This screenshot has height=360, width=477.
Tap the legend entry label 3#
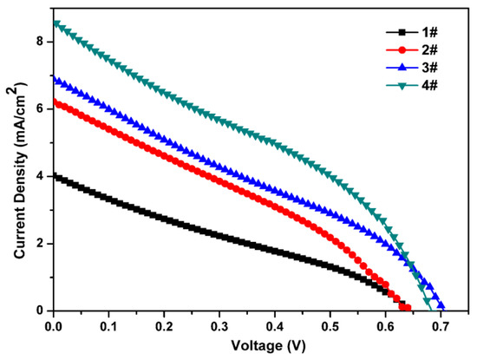click(431, 64)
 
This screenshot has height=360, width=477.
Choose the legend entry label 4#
click(431, 79)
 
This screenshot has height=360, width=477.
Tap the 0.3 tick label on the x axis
click(219, 325)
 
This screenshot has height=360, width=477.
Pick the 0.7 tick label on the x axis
click(441, 325)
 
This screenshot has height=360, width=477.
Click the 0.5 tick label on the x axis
click(330, 325)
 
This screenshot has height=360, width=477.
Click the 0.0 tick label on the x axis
click(54, 325)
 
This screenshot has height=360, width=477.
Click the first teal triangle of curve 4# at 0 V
click(55, 23)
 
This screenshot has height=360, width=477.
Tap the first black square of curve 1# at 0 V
click(55, 176)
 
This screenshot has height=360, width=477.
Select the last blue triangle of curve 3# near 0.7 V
click(441, 305)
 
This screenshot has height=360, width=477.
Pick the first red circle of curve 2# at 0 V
click(55, 101)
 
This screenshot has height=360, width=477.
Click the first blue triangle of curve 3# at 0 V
click(55, 79)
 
